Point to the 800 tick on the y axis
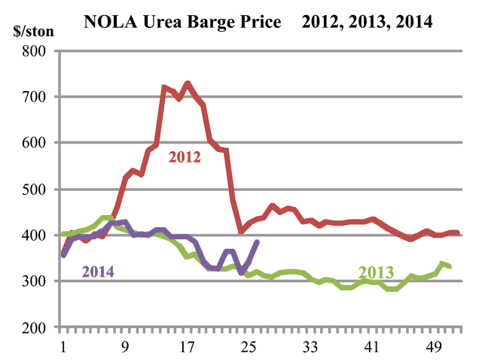(33, 51)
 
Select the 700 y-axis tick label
(33, 97)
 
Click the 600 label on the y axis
(33, 143)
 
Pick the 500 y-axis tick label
(33, 190)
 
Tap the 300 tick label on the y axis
(33, 281)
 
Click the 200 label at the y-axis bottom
(33, 328)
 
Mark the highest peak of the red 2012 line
(188, 84)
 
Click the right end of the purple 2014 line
(258, 242)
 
